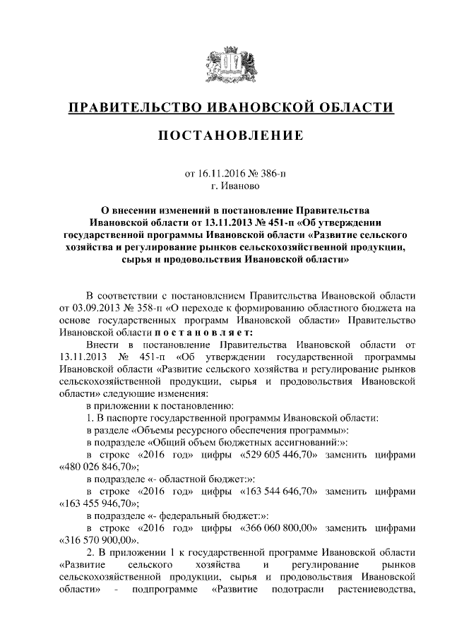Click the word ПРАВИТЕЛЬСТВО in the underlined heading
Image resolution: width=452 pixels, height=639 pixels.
(x=131, y=107)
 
